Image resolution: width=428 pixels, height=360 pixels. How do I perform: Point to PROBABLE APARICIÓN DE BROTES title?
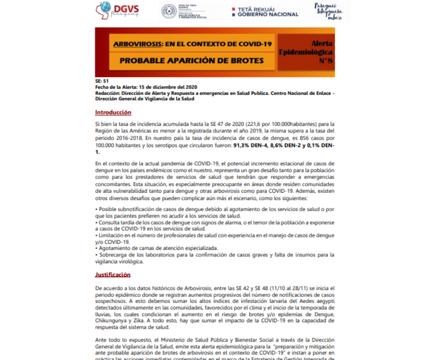191,60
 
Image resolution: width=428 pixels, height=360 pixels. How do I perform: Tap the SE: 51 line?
102,81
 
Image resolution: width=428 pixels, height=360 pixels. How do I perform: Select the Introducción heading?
113,112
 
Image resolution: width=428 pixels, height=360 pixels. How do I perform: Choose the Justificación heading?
112,275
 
